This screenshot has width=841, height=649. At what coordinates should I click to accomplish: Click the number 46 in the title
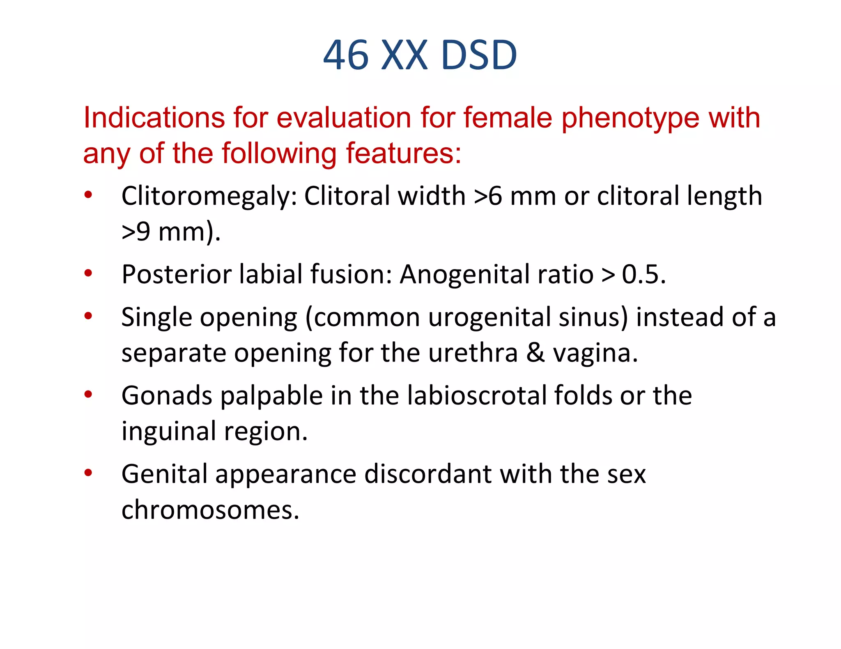point(346,55)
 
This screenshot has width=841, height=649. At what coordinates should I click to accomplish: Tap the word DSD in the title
point(479,55)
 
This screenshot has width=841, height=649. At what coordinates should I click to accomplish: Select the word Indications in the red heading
point(154,118)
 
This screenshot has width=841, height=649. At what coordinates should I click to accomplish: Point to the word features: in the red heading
point(404,154)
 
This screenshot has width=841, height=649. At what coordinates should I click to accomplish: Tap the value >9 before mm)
point(136,232)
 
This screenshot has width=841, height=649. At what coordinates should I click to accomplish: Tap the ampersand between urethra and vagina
point(535,353)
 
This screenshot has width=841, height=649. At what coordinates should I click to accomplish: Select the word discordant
point(428,475)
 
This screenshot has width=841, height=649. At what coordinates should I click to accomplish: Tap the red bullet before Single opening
point(88,316)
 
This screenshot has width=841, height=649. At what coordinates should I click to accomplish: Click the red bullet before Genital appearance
point(88,473)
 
